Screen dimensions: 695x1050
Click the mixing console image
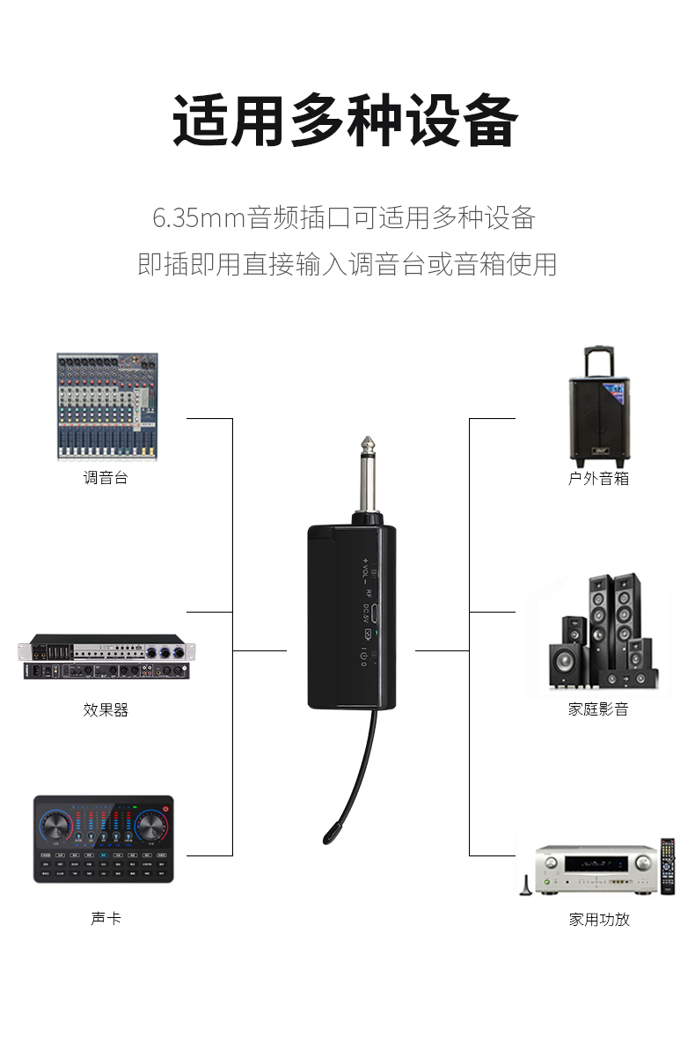106,406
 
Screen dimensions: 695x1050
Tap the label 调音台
106,479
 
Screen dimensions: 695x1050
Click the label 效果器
106,709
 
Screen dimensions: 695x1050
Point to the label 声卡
106,919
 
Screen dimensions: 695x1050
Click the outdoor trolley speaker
597,418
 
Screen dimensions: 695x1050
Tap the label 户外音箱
598,479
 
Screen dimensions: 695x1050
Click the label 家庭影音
598,709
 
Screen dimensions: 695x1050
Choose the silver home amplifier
586,870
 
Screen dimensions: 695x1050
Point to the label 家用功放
598,920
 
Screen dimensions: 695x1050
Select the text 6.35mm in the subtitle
198,217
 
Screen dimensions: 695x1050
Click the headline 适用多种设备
345,121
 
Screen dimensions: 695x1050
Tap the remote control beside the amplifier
668,867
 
